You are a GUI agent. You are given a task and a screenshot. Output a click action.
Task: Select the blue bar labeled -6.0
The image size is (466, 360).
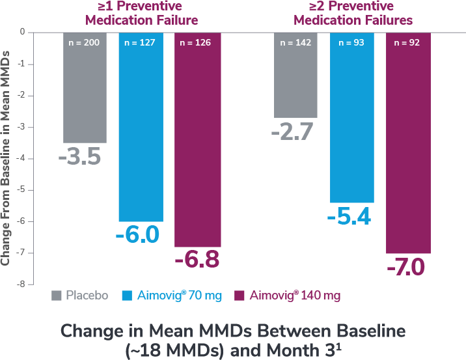(141, 127)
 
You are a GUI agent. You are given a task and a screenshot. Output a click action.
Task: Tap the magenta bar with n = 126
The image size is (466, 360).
(197, 140)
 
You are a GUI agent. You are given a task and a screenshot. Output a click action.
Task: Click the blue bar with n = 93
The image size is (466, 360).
(352, 117)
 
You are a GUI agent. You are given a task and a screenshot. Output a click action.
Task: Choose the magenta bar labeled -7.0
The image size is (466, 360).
(408, 143)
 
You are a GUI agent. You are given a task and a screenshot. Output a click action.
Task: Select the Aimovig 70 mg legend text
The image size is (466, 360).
(180, 296)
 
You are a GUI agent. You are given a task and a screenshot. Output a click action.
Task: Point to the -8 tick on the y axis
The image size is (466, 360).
(21, 284)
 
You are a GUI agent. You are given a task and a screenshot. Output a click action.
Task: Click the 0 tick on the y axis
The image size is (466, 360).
(22, 32)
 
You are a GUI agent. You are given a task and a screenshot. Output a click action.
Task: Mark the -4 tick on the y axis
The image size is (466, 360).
(21, 158)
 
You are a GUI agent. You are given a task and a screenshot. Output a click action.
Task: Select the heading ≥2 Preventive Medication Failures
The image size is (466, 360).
(353, 13)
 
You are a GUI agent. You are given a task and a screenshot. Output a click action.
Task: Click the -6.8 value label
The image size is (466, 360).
(197, 260)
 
